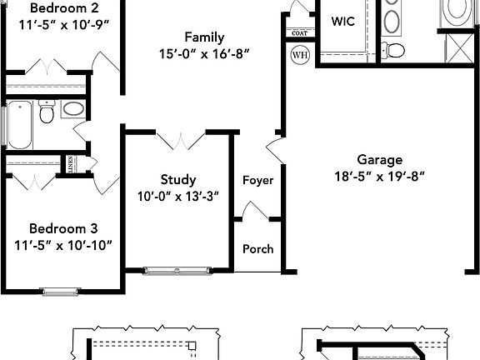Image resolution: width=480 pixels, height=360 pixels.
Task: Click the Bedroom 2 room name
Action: (58, 7)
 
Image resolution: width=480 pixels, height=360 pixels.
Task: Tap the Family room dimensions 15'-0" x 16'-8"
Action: (205, 53)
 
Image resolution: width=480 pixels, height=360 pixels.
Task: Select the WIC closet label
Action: (343, 22)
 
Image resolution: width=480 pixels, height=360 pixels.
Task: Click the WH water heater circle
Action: (299, 55)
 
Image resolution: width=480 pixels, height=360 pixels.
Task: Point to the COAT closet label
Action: (299, 33)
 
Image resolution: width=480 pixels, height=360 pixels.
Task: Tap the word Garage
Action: (379, 159)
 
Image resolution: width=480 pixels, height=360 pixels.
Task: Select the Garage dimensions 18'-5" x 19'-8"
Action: (379, 176)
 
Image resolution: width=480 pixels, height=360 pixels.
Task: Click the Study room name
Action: (178, 179)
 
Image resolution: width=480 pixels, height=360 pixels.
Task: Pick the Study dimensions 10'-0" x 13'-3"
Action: (178, 196)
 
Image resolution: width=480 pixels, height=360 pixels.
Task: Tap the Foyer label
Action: (257, 180)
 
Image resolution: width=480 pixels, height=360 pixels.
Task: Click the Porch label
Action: (257, 248)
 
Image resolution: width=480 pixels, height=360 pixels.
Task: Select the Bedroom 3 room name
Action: (63, 227)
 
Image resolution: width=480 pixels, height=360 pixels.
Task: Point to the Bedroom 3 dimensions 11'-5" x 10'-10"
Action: (63, 244)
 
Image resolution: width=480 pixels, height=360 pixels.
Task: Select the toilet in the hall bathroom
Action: (47, 112)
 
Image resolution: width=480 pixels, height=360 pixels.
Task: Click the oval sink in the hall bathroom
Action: (73, 109)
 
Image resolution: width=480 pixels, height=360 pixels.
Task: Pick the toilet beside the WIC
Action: (394, 49)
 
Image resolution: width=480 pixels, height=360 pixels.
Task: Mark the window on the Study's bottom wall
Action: (177, 269)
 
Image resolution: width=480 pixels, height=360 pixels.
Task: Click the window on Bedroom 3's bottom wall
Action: (57, 291)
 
